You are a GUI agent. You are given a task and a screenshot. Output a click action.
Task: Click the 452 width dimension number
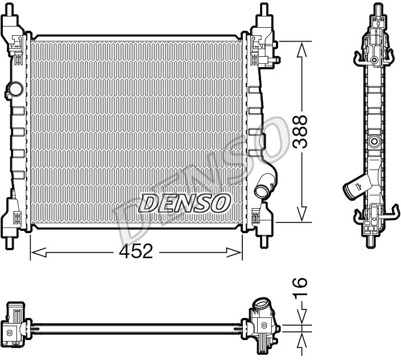click(136, 251)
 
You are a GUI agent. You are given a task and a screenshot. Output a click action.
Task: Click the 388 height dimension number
click(300, 132)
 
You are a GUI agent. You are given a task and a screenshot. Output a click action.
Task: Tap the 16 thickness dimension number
click(300, 287)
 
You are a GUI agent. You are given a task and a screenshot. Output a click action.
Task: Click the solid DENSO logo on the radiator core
click(184, 203)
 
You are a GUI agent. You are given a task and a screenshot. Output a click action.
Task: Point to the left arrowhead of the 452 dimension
click(38, 252)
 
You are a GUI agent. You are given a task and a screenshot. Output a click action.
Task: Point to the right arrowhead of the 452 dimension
click(234, 252)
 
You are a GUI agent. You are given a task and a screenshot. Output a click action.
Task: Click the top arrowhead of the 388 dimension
click(302, 50)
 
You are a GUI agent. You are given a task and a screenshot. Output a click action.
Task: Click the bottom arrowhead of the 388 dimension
click(302, 214)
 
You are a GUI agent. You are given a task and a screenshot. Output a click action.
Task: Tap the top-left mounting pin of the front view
click(10, 9)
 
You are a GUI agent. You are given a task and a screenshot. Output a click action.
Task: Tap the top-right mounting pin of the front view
click(264, 9)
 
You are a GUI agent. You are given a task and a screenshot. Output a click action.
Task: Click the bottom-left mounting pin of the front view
click(10, 243)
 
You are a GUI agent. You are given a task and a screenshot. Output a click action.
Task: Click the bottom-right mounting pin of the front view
click(264, 242)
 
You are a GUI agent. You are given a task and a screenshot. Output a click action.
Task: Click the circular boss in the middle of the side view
click(374, 141)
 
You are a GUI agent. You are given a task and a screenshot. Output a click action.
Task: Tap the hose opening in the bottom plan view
click(261, 304)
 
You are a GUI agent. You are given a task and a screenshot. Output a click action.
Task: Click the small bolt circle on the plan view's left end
click(10, 333)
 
